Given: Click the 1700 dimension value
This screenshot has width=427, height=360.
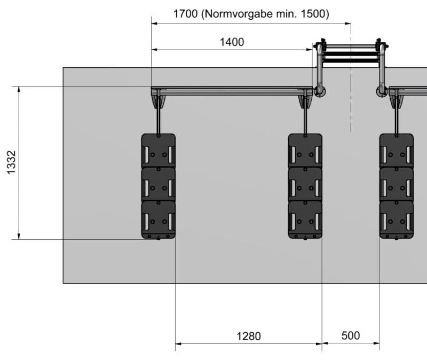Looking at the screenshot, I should click(x=185, y=14).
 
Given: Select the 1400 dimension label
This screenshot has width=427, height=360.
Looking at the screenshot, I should click(x=232, y=42).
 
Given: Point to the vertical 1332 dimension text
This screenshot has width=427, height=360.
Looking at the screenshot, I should click(x=12, y=162).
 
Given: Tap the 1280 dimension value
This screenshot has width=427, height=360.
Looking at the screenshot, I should click(x=249, y=336).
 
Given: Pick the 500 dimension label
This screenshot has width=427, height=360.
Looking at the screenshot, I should click(x=350, y=335).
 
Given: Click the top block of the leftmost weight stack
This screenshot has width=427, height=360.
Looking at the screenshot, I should click(x=158, y=151).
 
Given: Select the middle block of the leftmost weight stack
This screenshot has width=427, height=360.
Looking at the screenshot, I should click(x=158, y=184).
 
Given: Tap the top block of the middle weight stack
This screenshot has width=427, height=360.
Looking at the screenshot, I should click(x=305, y=151).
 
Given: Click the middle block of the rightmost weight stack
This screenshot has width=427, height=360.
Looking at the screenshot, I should click(x=396, y=184).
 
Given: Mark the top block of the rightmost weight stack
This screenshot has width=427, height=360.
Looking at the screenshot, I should click(x=396, y=151).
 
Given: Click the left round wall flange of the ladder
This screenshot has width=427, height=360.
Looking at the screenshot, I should click(x=319, y=91).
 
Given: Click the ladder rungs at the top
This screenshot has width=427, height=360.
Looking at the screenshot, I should click(x=351, y=54).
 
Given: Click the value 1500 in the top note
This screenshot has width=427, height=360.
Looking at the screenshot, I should click(x=313, y=14).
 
